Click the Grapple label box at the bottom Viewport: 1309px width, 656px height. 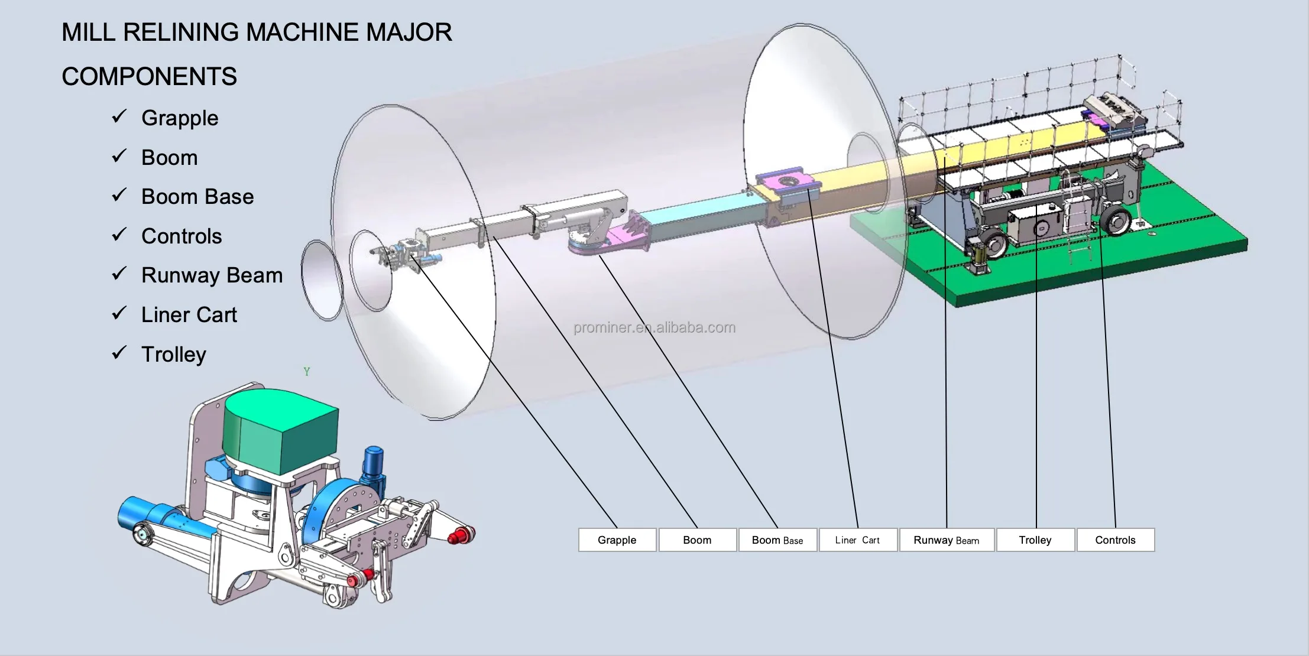tap(617, 540)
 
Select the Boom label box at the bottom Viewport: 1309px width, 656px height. tap(698, 540)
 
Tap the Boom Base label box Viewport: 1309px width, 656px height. tap(777, 540)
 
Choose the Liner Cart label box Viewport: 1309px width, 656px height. tap(858, 540)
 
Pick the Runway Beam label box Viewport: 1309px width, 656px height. tap(947, 540)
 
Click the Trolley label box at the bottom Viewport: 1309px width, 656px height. tap(1035, 540)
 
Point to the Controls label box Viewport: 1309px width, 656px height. tap(1116, 540)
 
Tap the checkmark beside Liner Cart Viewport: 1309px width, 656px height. tap(119, 313)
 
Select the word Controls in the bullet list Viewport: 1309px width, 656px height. tap(182, 236)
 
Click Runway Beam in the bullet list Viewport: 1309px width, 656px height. tap(212, 275)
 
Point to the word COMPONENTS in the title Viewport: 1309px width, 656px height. tap(149, 76)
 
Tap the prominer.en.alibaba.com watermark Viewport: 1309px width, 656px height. tap(654, 327)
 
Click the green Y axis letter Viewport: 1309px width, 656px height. tap(307, 372)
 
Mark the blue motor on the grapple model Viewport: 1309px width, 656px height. tap(373, 466)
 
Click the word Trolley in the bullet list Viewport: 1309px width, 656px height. tap(174, 355)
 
